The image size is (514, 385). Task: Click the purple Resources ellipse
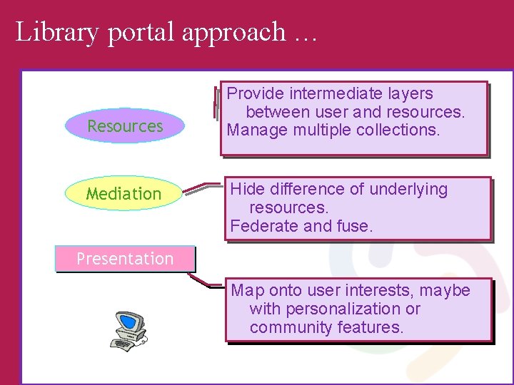125,126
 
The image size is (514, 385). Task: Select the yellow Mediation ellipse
124,193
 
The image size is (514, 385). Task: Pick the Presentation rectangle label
125,259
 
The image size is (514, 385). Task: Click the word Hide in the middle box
247,189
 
